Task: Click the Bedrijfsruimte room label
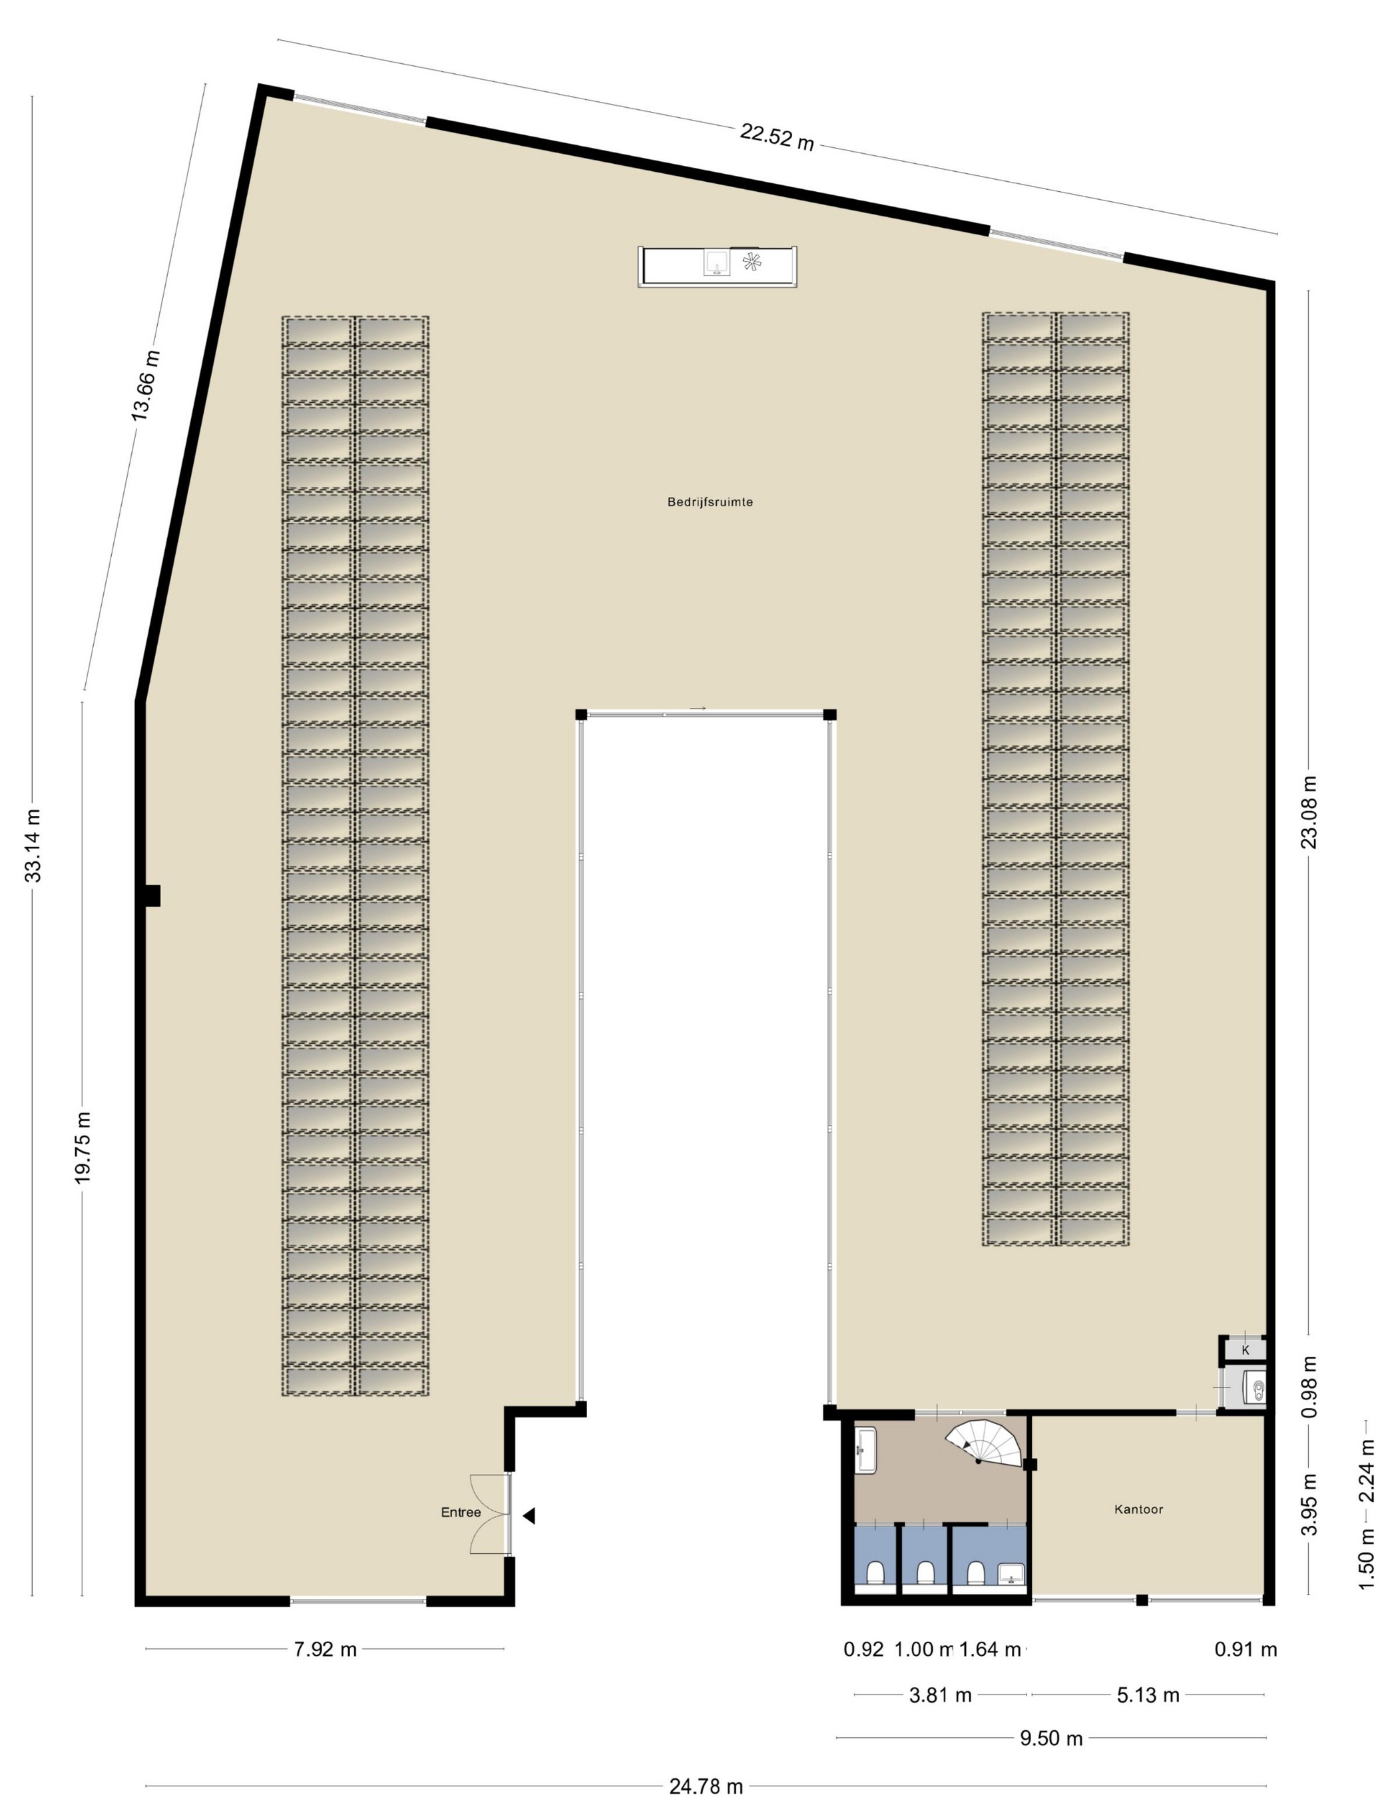(710, 502)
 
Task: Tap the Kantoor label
(1138, 1509)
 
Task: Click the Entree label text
(461, 1513)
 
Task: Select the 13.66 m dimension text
(146, 385)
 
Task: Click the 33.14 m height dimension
(33, 845)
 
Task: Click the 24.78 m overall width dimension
(706, 1787)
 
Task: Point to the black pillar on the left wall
(152, 896)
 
